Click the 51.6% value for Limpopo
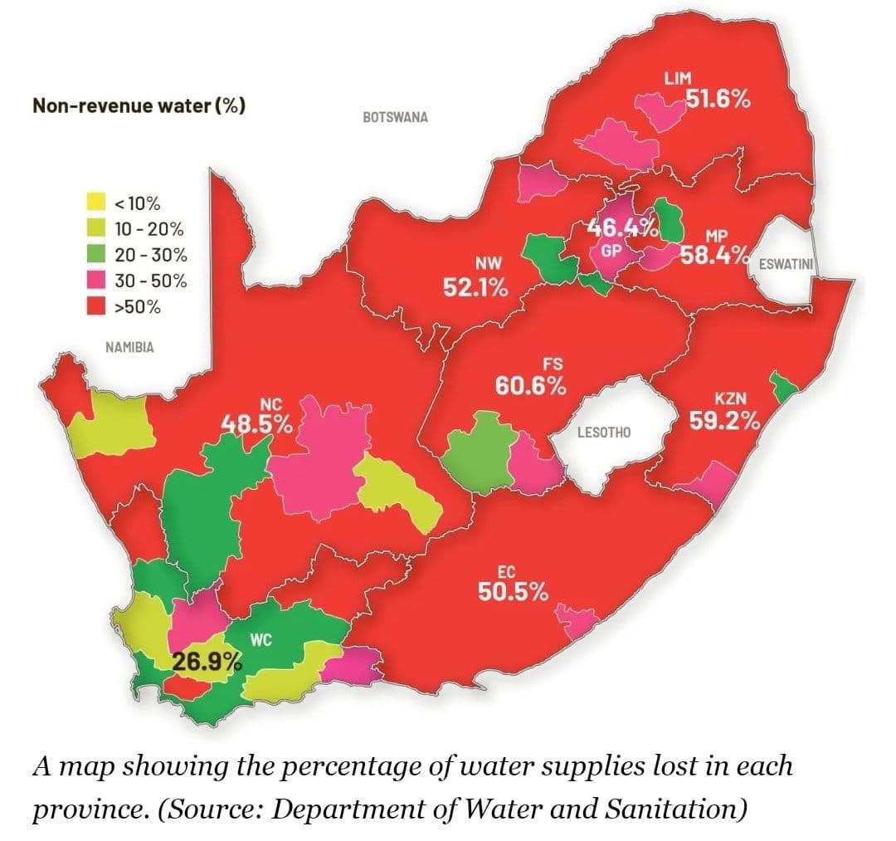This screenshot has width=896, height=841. (x=718, y=100)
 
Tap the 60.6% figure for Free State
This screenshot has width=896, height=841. (x=531, y=385)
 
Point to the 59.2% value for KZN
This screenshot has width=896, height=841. (x=725, y=421)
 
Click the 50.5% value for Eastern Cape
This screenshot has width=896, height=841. (x=512, y=592)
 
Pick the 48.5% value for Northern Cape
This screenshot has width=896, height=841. (x=256, y=424)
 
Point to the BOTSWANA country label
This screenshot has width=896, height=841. (x=395, y=117)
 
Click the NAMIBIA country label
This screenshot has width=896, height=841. (x=129, y=347)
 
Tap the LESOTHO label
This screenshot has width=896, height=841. (x=603, y=433)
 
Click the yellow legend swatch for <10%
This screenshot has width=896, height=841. (x=96, y=202)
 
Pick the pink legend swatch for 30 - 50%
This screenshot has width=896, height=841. (x=96, y=281)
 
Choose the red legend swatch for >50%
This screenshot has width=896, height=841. (x=96, y=306)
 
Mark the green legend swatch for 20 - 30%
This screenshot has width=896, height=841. (x=96, y=255)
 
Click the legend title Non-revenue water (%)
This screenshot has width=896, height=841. (x=138, y=106)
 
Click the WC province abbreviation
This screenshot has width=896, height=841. (x=261, y=639)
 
